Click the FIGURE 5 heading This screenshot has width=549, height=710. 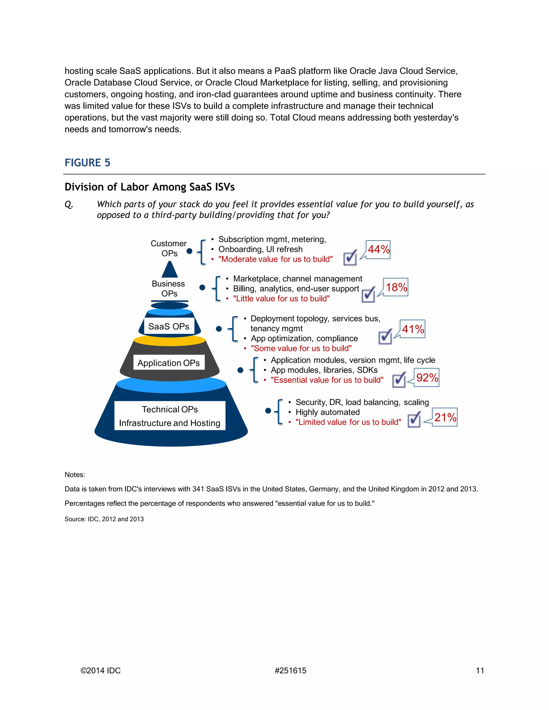coord(87,163)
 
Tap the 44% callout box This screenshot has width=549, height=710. coord(378,249)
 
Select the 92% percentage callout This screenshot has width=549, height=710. coord(427,378)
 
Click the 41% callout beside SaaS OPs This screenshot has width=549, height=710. coord(412,329)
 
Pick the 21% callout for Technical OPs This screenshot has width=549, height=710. coord(445,417)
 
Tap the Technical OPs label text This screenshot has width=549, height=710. coord(170,409)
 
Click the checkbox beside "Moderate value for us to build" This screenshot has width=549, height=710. coord(350,258)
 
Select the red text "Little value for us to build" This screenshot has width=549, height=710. coord(281,298)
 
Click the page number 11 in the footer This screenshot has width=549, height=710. coord(480,670)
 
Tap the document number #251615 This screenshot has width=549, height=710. coord(290,670)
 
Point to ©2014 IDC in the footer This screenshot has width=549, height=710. coord(101,670)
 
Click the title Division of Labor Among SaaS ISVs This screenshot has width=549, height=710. coord(150,187)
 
